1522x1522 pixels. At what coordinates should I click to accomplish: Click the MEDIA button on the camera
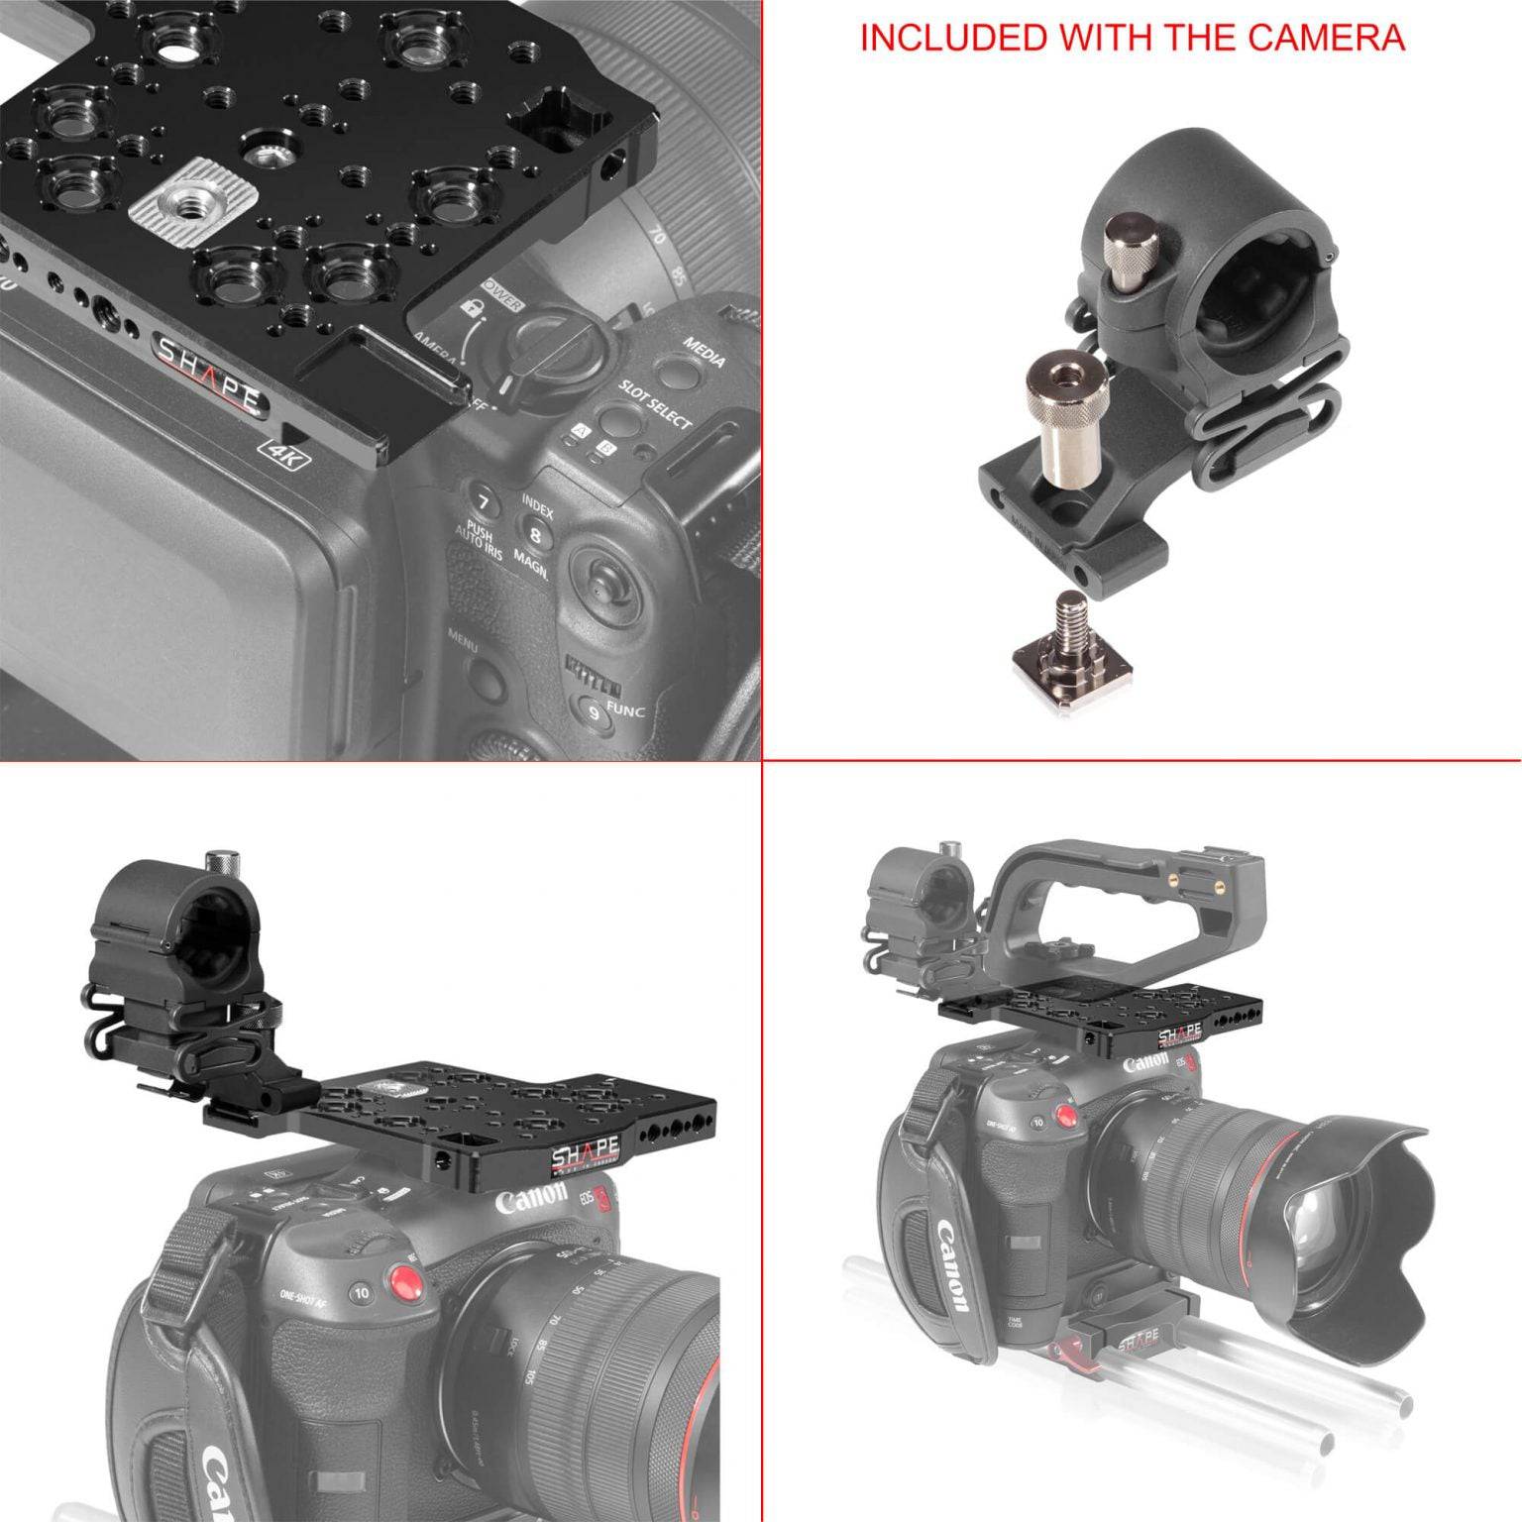click(x=678, y=373)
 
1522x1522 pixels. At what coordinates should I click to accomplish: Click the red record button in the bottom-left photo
click(x=400, y=1285)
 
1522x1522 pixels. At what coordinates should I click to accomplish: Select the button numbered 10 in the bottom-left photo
click(x=362, y=1293)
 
